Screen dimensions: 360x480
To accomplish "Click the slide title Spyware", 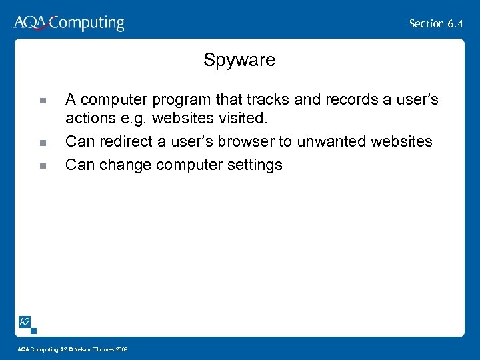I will (239, 61).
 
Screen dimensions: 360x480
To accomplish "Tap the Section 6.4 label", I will (436, 23).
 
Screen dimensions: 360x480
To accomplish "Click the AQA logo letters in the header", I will (30, 23).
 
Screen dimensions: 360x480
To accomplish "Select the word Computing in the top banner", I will (87, 23).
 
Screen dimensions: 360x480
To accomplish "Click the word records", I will (352, 100).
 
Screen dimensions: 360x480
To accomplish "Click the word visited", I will (243, 119).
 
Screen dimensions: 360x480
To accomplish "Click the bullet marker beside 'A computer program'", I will (42, 101).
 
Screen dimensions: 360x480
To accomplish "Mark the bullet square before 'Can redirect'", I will (42, 143).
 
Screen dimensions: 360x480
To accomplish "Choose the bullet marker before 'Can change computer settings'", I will (42, 166).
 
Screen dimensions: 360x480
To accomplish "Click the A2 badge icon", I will (25, 323).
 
